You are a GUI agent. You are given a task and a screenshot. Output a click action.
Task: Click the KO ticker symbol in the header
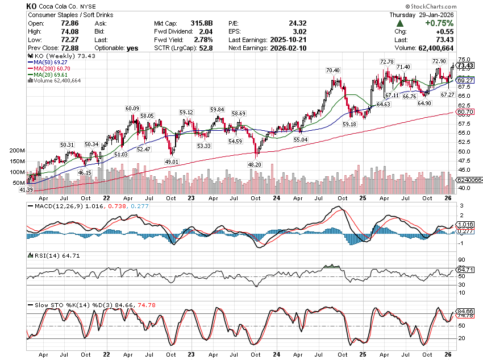coord(33,6)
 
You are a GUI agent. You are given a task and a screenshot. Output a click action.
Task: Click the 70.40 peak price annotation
coord(332,70)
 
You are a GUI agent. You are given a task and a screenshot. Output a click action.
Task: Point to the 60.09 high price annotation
coord(132,108)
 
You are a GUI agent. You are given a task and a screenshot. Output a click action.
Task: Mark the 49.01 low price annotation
coord(172,162)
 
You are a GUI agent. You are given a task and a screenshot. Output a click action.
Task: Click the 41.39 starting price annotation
coord(27,189)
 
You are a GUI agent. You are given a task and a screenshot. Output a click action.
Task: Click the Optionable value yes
coord(132,48)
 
